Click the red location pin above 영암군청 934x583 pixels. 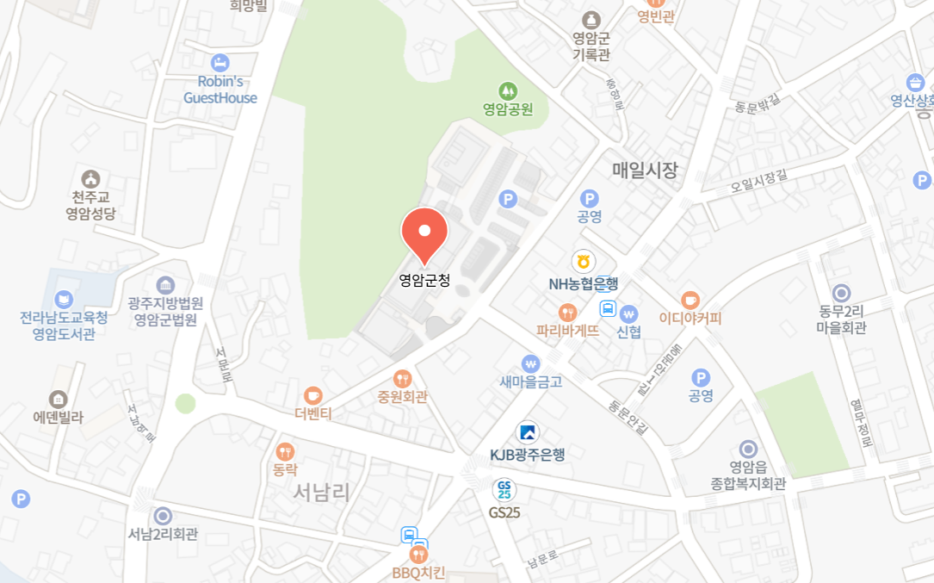point(424,233)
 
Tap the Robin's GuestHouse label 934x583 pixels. point(220,90)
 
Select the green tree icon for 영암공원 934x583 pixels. point(508,90)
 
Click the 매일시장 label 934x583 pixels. point(646,171)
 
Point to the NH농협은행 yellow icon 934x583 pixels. point(584,262)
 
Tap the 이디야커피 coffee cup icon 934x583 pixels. point(690,300)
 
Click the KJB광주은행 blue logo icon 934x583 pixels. point(528,433)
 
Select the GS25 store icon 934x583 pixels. point(504,491)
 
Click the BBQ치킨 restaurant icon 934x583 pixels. point(419,555)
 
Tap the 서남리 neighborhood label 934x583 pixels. point(321,493)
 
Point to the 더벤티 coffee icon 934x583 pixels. point(312,395)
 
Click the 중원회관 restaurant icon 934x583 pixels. point(402,379)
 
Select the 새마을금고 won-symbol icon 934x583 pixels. point(530,363)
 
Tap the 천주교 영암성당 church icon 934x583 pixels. point(91,178)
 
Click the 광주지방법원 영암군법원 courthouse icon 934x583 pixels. point(165,285)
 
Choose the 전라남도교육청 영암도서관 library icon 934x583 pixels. point(64,300)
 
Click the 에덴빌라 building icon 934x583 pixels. point(58,399)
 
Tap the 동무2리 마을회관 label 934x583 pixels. point(842,319)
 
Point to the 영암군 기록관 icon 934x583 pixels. point(591,20)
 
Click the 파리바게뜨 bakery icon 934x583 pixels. point(566,312)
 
